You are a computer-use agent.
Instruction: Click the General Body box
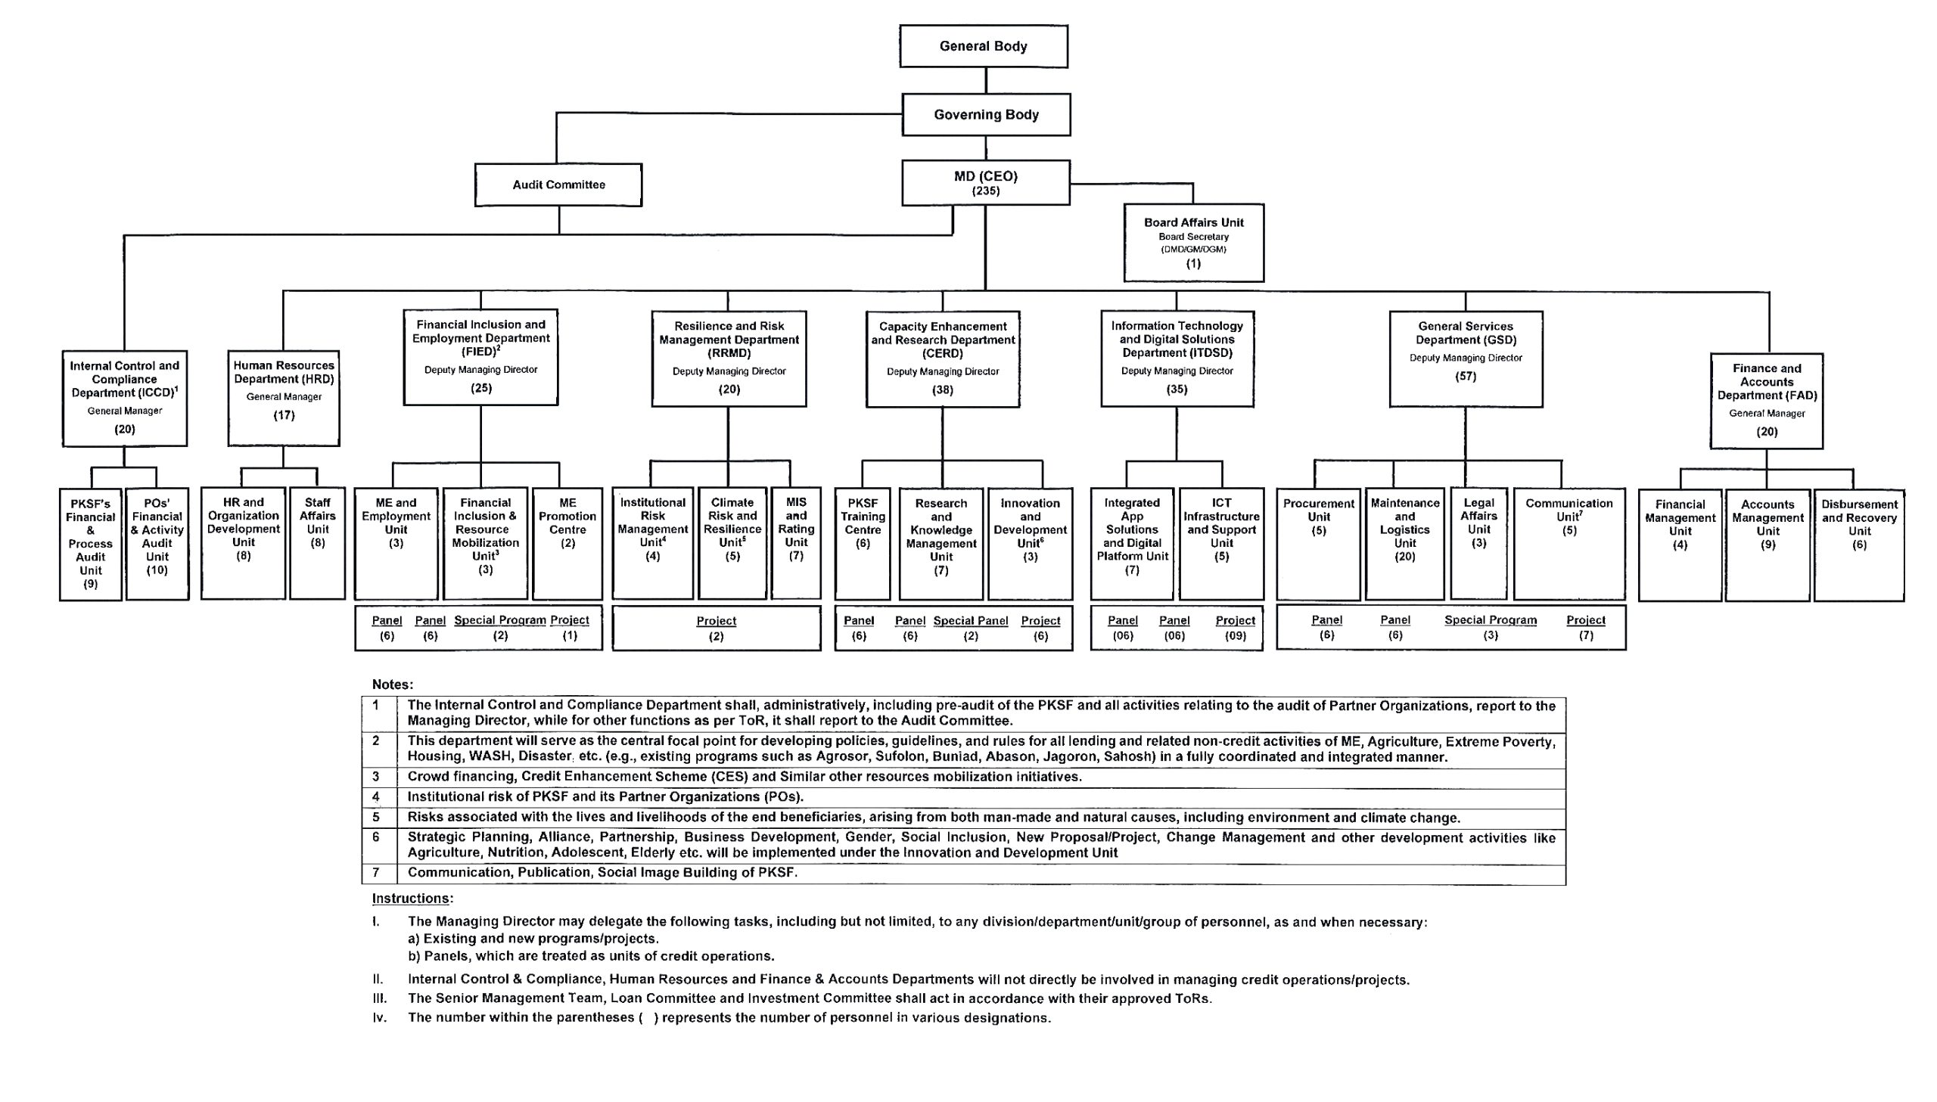click(x=984, y=46)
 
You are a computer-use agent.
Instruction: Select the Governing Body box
click(x=986, y=115)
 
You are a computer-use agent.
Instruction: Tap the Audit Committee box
click(x=558, y=185)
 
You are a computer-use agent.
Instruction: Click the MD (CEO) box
click(x=986, y=182)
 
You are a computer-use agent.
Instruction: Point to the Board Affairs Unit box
click(x=1193, y=242)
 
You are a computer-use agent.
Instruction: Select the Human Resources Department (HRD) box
click(x=284, y=397)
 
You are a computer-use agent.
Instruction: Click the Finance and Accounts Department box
click(x=1766, y=400)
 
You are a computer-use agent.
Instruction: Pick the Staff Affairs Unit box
click(x=317, y=542)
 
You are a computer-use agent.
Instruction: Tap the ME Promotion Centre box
click(x=567, y=542)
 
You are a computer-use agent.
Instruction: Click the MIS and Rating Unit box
click(x=795, y=542)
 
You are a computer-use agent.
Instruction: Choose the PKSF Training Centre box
click(x=862, y=542)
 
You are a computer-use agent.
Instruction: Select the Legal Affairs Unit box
click(x=1478, y=542)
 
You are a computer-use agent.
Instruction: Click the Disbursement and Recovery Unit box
click(x=1858, y=544)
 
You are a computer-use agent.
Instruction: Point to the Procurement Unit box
click(x=1318, y=542)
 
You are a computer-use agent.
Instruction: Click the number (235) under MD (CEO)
click(x=986, y=191)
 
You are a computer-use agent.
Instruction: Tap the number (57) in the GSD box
click(x=1466, y=376)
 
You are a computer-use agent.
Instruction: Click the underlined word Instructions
click(x=411, y=899)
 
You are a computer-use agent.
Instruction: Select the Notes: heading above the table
click(x=392, y=684)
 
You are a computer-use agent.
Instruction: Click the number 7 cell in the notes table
click(x=375, y=872)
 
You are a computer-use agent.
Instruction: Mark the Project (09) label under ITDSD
click(x=1235, y=629)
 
